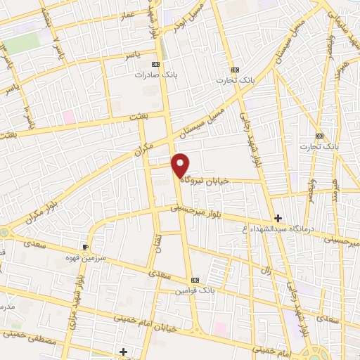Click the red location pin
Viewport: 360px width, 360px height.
[180, 164]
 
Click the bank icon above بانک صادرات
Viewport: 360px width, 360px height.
[156, 65]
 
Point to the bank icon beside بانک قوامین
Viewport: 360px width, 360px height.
[195, 280]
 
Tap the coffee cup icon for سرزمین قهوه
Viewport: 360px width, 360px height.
[85, 247]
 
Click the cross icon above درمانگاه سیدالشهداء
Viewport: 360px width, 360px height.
[278, 219]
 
